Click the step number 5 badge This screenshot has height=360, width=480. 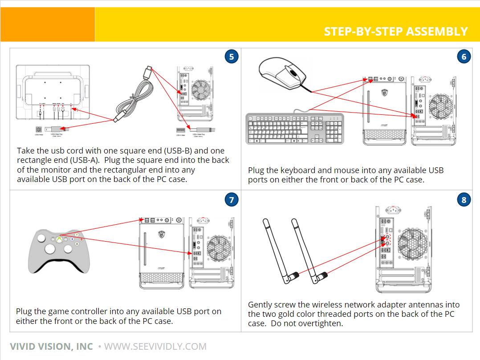pyautogui.click(x=231, y=57)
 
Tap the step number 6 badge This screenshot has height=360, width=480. pyautogui.click(x=464, y=57)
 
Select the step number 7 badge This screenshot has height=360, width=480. pyautogui.click(x=231, y=200)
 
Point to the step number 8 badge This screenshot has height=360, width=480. pyautogui.click(x=464, y=200)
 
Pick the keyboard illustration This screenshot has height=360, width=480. pyautogui.click(x=295, y=129)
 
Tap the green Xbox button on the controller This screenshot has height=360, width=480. pyautogui.click(x=59, y=239)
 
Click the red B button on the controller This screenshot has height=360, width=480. pyautogui.click(x=81, y=239)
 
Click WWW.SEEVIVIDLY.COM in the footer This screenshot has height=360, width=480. pyautogui.click(x=155, y=347)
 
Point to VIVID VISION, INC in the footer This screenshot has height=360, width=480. pyautogui.click(x=52, y=347)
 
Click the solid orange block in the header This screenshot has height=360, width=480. pyautogui.click(x=48, y=24)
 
